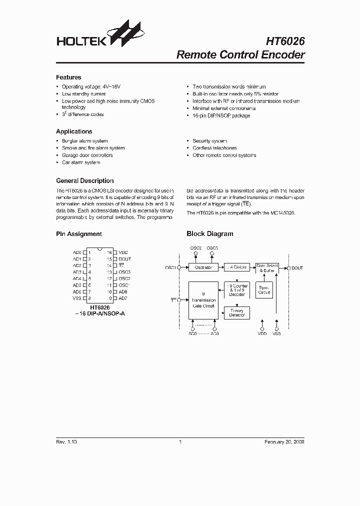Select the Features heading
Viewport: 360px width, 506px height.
[x=68, y=77]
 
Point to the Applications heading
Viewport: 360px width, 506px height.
[x=74, y=131]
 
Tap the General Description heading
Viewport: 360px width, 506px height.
[x=84, y=181]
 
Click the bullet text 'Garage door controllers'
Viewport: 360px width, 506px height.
[x=87, y=155]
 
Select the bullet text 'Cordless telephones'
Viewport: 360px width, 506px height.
[x=214, y=148]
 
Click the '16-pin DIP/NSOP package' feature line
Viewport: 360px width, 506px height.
[x=221, y=116]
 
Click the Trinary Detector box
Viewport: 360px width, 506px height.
[x=237, y=312]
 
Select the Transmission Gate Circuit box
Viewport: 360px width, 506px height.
[x=203, y=300]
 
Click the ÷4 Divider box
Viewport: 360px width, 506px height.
[x=236, y=267]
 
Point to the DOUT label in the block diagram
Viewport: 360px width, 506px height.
[x=297, y=268]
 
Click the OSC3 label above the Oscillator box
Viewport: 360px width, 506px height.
[x=212, y=248]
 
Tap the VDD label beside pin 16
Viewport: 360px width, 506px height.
[x=123, y=252]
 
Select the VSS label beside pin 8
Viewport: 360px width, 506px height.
[x=77, y=298]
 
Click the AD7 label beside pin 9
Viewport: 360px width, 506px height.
[x=123, y=298]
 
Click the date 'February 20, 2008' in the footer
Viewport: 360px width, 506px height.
[x=284, y=442]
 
